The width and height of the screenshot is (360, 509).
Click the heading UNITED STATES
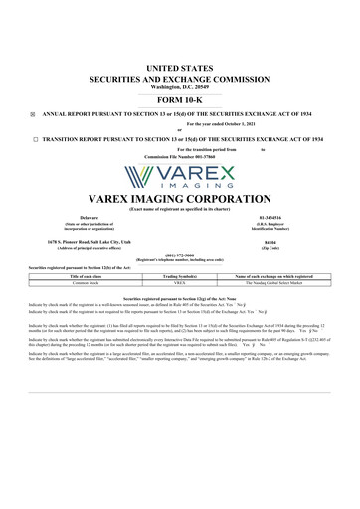tap(179, 67)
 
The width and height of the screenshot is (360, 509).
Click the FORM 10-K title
tap(179, 100)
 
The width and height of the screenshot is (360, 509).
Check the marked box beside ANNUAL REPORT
tap(33, 114)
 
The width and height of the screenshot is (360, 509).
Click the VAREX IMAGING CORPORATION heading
tap(179, 197)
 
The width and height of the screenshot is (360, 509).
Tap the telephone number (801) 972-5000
tap(179, 253)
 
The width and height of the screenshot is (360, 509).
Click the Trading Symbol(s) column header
tap(180, 275)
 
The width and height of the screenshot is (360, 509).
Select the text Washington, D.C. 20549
tap(179, 87)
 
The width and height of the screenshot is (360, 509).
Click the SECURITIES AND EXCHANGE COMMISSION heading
tap(179, 78)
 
